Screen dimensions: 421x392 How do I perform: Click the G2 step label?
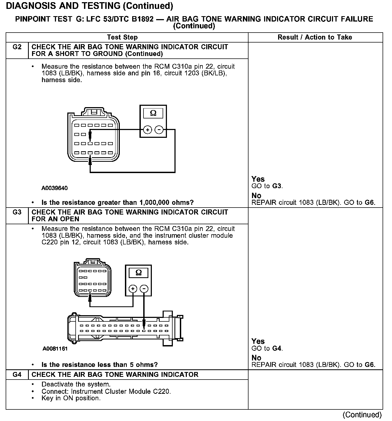click(x=17, y=47)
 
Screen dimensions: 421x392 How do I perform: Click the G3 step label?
click(x=17, y=212)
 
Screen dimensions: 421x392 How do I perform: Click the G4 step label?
click(x=17, y=374)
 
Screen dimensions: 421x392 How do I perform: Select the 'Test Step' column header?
click(x=122, y=37)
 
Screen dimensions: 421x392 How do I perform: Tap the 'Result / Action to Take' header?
click(x=315, y=37)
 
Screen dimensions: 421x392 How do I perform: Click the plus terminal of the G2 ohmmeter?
click(x=147, y=130)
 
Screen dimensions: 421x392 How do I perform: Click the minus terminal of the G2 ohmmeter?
click(x=159, y=130)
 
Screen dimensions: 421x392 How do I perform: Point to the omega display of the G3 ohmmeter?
click(x=139, y=273)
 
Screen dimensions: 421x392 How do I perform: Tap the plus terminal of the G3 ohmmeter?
click(x=133, y=289)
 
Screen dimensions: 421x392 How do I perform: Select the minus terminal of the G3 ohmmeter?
click(x=145, y=289)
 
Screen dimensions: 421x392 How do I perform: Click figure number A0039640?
click(x=54, y=188)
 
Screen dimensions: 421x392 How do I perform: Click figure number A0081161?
click(x=55, y=349)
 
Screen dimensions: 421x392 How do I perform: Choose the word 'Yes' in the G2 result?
click(x=258, y=179)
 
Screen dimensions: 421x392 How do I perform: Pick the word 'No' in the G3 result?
click(x=256, y=358)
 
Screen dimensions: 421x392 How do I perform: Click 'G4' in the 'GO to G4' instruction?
click(x=277, y=348)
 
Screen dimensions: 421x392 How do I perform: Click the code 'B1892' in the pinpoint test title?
click(x=143, y=19)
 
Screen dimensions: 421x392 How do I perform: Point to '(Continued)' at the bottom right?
click(x=362, y=415)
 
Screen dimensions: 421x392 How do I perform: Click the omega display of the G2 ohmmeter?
click(x=153, y=113)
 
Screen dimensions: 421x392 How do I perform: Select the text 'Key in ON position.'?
click(x=71, y=398)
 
